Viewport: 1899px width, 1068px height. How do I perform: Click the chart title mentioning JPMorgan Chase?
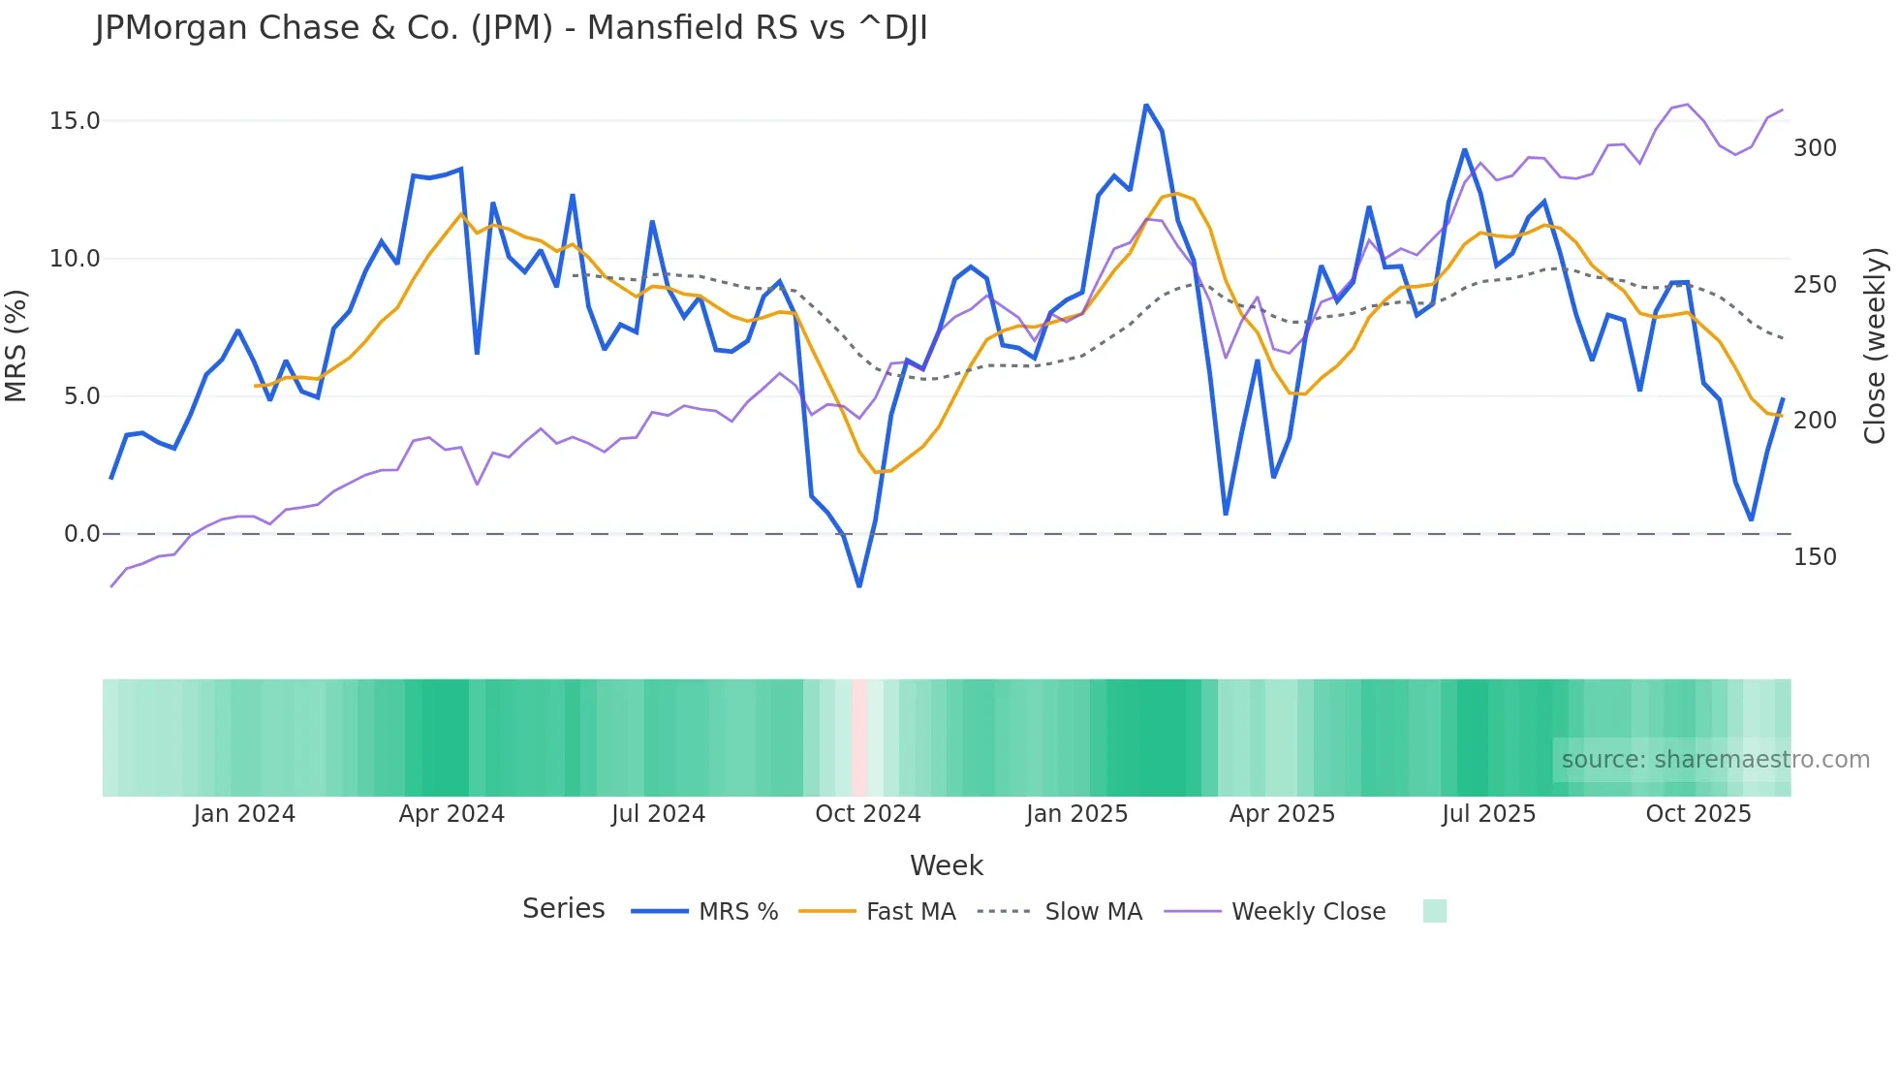[x=511, y=28]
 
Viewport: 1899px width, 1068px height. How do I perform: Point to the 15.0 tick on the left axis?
[x=75, y=121]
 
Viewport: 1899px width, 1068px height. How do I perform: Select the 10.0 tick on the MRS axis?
[x=75, y=259]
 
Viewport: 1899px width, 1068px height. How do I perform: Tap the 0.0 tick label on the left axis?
[x=81, y=534]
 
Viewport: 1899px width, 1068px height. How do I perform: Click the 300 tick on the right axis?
[x=1815, y=148]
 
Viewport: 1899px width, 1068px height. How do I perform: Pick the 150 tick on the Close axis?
[x=1815, y=557]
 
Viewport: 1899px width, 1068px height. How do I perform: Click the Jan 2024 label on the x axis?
[x=244, y=814]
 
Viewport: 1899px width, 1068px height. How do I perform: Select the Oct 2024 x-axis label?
[x=867, y=814]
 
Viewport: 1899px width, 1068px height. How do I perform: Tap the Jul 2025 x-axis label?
[x=1488, y=814]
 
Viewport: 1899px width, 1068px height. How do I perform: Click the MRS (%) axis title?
[x=16, y=345]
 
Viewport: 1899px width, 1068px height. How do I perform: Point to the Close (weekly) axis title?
[x=1876, y=345]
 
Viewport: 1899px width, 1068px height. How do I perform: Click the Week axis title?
[x=946, y=865]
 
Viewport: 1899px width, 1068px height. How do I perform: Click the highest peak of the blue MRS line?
[x=1146, y=105]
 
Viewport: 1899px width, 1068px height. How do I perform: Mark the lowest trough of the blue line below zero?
[x=859, y=586]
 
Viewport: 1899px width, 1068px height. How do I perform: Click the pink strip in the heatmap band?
[x=859, y=738]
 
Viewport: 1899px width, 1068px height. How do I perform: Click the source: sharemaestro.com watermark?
[x=1715, y=760]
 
